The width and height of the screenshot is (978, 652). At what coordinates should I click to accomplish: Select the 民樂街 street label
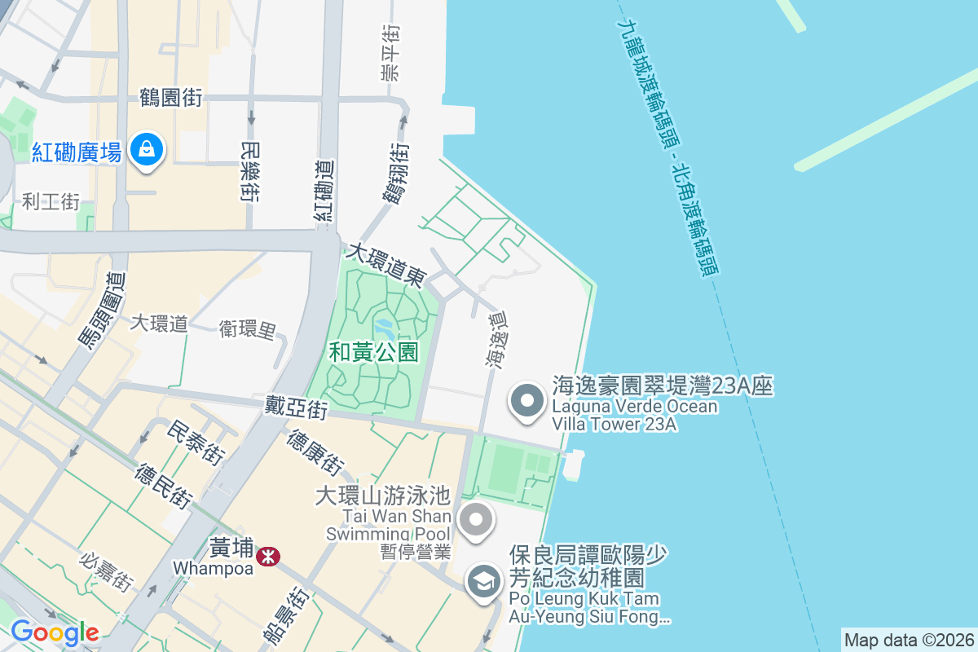(250, 170)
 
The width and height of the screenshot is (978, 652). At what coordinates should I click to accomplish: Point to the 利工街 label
(51, 201)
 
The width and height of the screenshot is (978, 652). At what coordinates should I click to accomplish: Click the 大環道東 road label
(385, 263)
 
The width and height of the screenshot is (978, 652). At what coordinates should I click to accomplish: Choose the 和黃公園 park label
(373, 352)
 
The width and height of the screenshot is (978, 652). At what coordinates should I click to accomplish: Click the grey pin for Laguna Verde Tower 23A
(526, 401)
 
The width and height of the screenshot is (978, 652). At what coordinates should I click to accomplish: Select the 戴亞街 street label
(296, 407)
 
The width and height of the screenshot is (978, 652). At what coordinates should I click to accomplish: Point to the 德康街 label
(315, 452)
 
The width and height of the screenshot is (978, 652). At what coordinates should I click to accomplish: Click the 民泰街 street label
(195, 443)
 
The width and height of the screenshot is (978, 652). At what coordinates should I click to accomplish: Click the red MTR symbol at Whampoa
(267, 557)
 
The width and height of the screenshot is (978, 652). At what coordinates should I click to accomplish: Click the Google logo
(55, 632)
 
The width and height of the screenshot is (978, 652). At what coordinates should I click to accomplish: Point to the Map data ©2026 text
(908, 640)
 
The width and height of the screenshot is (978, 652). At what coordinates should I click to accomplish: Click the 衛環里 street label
(247, 329)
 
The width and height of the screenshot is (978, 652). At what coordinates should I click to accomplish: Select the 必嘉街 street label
(106, 571)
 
